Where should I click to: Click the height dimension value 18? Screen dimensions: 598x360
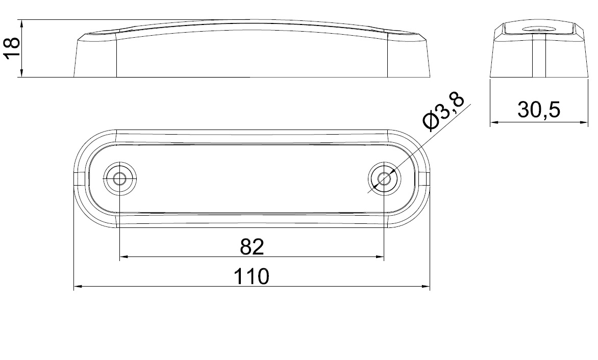(11, 48)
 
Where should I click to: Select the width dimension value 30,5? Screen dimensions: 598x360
(538, 110)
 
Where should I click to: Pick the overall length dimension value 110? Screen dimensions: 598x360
(252, 276)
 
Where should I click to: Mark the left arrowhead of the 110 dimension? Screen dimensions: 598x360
(78, 287)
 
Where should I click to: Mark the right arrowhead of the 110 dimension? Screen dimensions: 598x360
(425, 287)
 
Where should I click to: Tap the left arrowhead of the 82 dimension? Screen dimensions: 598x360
(124, 257)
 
